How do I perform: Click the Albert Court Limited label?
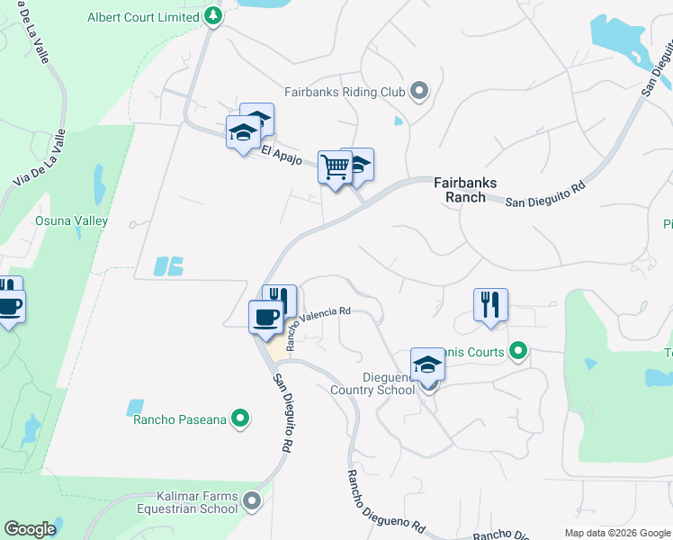pos(142,17)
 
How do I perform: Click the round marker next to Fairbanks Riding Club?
pos(418,90)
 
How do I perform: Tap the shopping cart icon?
pos(335,166)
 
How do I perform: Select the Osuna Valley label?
pos(71,220)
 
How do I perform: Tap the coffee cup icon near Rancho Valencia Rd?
pos(266,317)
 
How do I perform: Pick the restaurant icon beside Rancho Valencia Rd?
pos(280,300)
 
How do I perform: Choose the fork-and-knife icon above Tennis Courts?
pos(490,304)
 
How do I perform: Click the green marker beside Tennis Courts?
pos(517,351)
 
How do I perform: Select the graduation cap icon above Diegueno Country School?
pos(428,364)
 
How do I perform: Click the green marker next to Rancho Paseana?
pos(239,418)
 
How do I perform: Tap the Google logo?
pos(30,529)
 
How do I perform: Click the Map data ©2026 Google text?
pos(616,533)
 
